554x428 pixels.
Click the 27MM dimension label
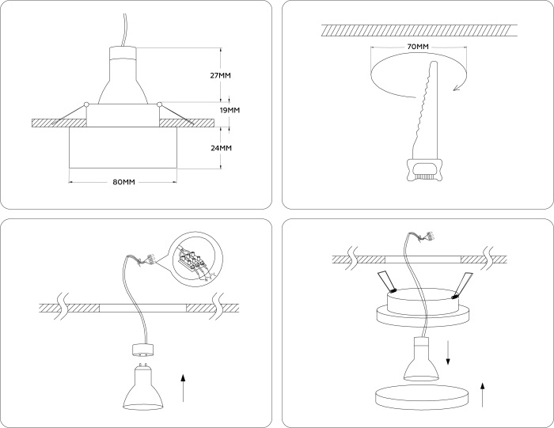click(x=221, y=75)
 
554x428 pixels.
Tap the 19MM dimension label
click(x=230, y=110)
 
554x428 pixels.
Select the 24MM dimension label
click(x=221, y=148)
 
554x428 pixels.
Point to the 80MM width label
click(x=123, y=182)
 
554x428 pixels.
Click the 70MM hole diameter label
click(x=418, y=47)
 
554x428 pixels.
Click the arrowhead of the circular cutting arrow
click(x=457, y=87)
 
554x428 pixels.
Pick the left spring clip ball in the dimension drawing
click(x=85, y=104)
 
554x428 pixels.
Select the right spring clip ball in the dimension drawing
click(x=160, y=104)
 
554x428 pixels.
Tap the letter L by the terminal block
click(x=214, y=275)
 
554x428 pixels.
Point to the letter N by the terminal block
click(x=207, y=280)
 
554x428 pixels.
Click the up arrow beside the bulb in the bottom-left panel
click(x=183, y=388)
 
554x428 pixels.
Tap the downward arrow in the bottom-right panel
click(x=448, y=352)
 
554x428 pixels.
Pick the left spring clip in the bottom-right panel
click(x=386, y=283)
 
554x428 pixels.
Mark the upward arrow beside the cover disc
click(x=483, y=395)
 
